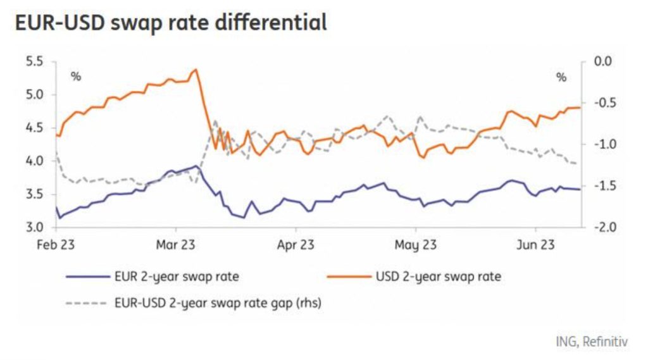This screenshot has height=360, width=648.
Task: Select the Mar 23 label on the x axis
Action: [x=175, y=244]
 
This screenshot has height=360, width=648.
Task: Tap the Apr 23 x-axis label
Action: [x=296, y=244]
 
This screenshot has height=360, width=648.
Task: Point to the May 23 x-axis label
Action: [x=416, y=244]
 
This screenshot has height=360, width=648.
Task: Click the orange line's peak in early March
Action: [x=196, y=70]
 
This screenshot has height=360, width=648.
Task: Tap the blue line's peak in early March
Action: [x=196, y=166]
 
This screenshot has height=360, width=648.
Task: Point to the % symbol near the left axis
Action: [x=76, y=77]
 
